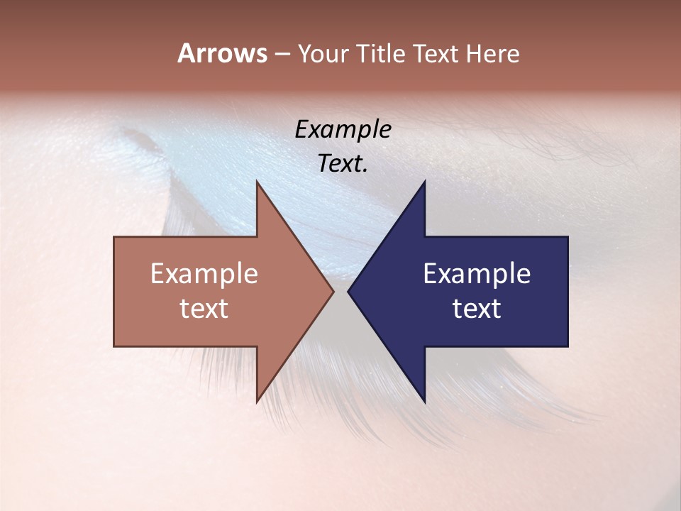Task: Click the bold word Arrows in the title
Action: point(222,53)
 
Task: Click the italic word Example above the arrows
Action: point(343,130)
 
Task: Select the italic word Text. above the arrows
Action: point(343,163)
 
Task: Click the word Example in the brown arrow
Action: point(204,274)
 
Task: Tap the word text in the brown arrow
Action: point(204,308)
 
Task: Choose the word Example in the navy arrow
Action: point(477,274)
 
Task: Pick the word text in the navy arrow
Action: point(477,308)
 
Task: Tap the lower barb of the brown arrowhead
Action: point(258,398)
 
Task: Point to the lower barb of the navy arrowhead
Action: point(423,398)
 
